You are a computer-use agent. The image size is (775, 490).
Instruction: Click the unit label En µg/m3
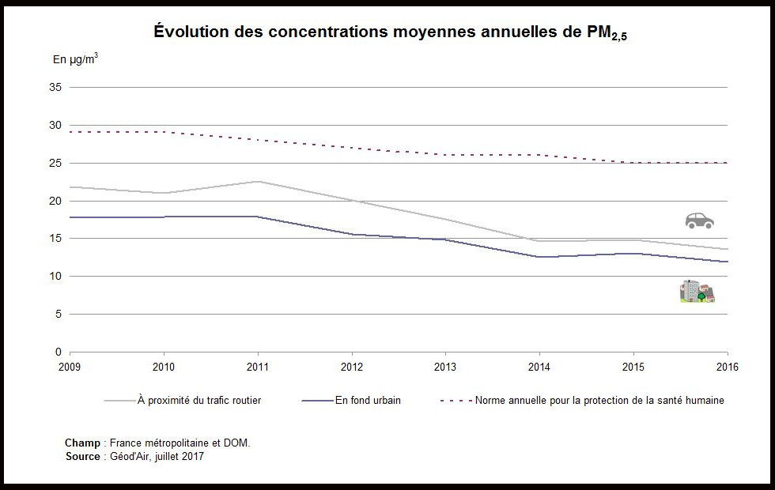75,58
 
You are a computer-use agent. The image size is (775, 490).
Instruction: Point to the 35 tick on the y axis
56,88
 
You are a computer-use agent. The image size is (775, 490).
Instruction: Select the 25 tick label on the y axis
56,163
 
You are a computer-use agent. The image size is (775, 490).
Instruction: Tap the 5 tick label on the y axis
59,314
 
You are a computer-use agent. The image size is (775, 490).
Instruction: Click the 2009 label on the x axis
70,367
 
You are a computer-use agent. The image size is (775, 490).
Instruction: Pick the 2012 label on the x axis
352,367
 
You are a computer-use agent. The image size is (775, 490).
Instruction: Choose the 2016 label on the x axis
728,367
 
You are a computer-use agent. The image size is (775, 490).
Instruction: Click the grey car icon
699,220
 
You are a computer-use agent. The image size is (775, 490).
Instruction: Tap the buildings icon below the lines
697,292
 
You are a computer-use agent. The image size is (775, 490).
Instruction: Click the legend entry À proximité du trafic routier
198,401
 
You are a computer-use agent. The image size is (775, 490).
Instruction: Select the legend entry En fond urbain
368,401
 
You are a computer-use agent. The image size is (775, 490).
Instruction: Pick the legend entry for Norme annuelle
599,401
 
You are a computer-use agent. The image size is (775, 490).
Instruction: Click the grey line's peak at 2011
258,182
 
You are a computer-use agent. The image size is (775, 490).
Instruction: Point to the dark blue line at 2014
539,257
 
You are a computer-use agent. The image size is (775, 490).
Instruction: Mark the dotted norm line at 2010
164,132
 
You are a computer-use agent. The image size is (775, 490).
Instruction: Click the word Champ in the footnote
82,443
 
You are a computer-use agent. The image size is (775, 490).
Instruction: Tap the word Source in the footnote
82,457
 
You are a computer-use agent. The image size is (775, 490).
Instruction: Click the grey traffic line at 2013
445,219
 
